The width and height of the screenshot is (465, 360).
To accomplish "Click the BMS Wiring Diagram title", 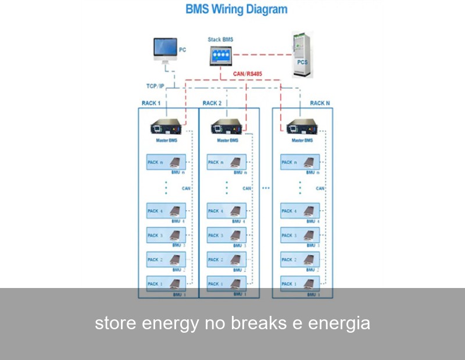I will click(236, 9).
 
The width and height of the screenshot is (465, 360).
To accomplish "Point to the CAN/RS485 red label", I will click(248, 74).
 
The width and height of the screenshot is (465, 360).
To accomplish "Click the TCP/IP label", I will click(155, 86).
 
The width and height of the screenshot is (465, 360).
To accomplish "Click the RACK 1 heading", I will click(151, 103).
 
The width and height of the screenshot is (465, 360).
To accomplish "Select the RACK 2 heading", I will click(212, 103).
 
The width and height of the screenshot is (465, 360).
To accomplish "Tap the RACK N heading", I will click(320, 103).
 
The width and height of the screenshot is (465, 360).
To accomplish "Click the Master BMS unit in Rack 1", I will click(166, 127).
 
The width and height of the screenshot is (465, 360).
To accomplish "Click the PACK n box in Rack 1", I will click(166, 163).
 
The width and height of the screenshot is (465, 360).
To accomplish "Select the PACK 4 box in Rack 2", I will click(227, 211).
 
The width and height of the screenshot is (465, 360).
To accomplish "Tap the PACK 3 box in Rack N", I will click(300, 236).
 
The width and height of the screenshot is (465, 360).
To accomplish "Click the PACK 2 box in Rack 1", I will click(166, 260).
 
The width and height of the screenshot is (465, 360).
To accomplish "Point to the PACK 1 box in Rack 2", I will click(227, 285).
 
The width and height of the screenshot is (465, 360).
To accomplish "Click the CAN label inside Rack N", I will click(320, 188).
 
